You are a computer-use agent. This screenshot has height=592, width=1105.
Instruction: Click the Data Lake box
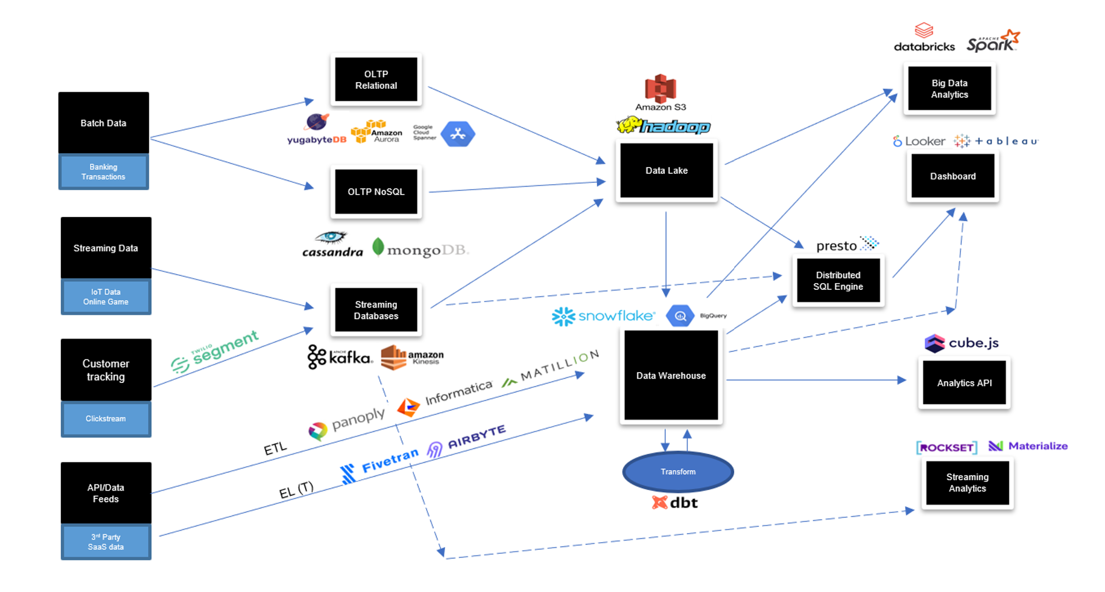[666, 171]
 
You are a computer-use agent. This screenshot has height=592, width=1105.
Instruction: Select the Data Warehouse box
[671, 376]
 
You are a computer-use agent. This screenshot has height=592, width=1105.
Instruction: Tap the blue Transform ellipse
[678, 472]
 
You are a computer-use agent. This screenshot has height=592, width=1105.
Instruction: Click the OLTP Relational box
[376, 80]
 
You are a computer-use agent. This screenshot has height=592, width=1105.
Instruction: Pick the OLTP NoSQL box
[376, 192]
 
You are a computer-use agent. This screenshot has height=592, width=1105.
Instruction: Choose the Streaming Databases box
[376, 310]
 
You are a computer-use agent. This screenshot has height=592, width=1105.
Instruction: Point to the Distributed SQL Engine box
[838, 281]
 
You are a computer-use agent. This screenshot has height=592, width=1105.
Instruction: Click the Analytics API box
[964, 383]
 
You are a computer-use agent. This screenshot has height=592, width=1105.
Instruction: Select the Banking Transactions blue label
[103, 172]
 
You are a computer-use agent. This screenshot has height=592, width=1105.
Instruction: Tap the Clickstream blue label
[106, 419]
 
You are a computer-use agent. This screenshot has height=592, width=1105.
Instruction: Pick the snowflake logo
[603, 316]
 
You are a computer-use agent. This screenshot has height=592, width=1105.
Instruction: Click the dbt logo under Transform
[675, 503]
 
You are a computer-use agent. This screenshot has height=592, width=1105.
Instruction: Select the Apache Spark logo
[993, 41]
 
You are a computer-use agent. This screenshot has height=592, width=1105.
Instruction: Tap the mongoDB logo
[420, 249]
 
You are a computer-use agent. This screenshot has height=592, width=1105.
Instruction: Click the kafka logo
[340, 357]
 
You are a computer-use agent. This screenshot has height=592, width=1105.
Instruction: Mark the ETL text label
[275, 449]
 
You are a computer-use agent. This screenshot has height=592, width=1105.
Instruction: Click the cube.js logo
[962, 343]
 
